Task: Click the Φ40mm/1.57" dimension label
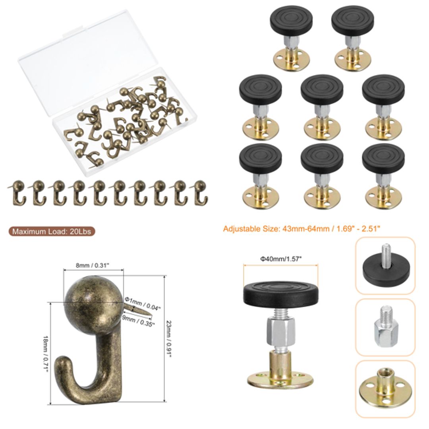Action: (x=281, y=259)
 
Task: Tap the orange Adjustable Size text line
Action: (x=302, y=229)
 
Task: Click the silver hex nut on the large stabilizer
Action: (x=280, y=332)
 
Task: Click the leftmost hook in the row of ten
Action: (x=18, y=192)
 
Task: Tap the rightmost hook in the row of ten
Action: (x=200, y=192)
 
